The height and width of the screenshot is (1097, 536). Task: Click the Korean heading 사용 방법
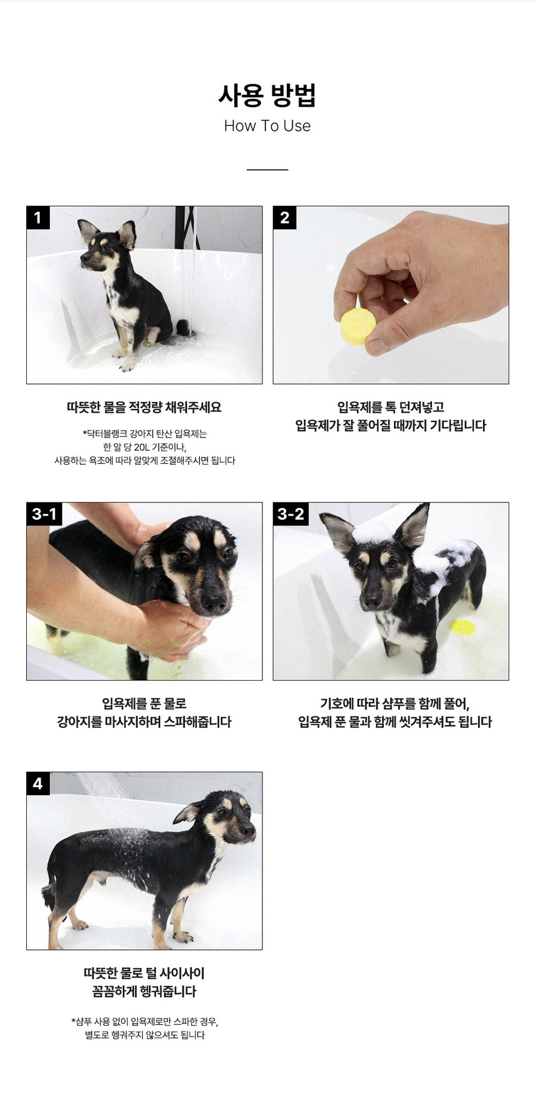tap(267, 95)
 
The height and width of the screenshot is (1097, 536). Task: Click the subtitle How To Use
tap(267, 126)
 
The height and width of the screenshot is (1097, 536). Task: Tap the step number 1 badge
tap(38, 218)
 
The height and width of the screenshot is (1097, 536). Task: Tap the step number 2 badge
tap(285, 218)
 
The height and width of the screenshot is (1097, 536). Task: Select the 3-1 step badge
tap(44, 514)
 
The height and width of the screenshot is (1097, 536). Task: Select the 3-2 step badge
tap(291, 514)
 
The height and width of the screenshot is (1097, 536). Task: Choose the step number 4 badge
tap(38, 783)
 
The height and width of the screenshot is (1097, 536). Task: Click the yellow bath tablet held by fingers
tap(358, 326)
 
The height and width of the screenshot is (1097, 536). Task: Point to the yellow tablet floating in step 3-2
tap(462, 627)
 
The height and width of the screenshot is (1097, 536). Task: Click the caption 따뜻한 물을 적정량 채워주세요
tap(144, 408)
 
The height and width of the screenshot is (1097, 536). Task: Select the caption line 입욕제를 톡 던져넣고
tap(391, 408)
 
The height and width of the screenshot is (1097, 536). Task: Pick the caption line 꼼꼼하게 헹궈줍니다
tap(144, 992)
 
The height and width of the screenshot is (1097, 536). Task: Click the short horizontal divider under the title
tap(267, 170)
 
